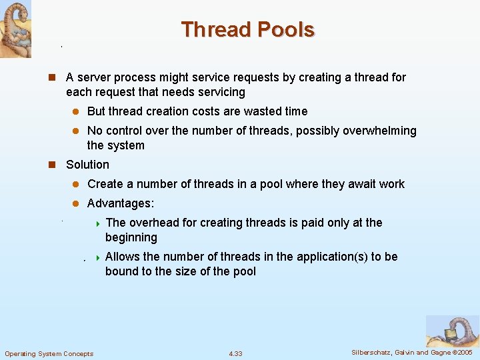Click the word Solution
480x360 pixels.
point(87,165)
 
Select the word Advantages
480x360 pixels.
point(121,203)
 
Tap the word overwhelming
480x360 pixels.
point(379,131)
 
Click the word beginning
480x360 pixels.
point(131,237)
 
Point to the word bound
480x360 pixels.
point(121,271)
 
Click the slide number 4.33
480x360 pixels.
point(235,353)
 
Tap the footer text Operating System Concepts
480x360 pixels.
point(49,353)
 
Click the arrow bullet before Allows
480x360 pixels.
point(97,257)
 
